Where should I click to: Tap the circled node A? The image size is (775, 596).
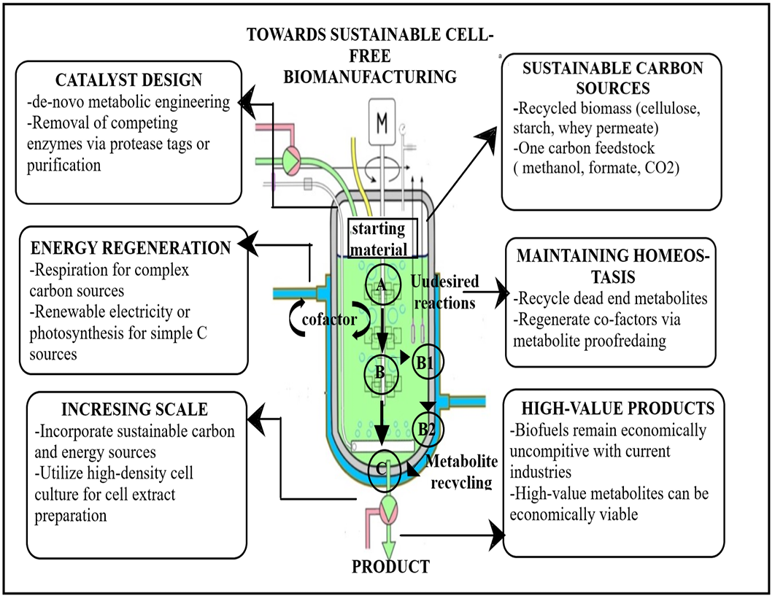point(382,285)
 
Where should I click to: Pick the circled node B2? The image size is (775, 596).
point(428,428)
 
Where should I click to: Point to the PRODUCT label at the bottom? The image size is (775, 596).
point(390,566)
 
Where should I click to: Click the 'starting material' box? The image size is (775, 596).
point(382,239)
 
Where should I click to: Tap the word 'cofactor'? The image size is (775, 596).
point(329,320)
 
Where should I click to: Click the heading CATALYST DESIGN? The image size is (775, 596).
point(128,80)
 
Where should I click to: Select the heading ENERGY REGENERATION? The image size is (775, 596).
point(131,247)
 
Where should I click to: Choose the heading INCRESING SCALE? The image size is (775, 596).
point(134,409)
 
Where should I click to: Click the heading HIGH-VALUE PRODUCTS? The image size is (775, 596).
point(618,409)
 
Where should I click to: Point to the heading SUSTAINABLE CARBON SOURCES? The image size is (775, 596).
point(613,78)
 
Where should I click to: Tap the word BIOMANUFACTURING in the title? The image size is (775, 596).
point(370,77)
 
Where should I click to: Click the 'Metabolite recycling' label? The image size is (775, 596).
point(461,471)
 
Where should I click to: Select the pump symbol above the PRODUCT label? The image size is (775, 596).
point(388,511)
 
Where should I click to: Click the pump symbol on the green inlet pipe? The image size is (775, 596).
point(290,160)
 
